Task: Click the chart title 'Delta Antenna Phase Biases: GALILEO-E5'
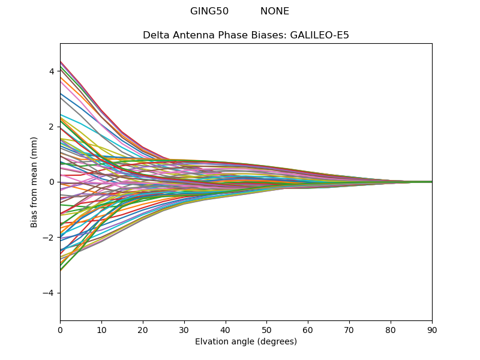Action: pyautogui.click(x=246, y=35)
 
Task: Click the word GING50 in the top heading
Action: pyautogui.click(x=209, y=11)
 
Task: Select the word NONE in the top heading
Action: pyautogui.click(x=275, y=11)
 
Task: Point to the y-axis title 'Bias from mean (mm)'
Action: pyautogui.click(x=35, y=182)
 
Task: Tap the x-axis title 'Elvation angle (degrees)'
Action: pyautogui.click(x=246, y=342)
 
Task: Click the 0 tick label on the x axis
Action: pyautogui.click(x=60, y=329)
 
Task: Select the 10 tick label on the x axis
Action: pyautogui.click(x=101, y=329)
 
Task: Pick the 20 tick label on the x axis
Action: pyautogui.click(x=143, y=329)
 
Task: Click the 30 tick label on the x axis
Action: pyautogui.click(x=184, y=329)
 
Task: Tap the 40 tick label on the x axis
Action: pyautogui.click(x=226, y=329)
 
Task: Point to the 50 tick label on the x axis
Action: pyautogui.click(x=266, y=329)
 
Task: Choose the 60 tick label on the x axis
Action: pyautogui.click(x=308, y=329)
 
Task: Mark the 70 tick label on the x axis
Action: pyautogui.click(x=349, y=329)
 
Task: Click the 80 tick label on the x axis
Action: pyautogui.click(x=391, y=329)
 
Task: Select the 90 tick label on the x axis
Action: pyautogui.click(x=432, y=329)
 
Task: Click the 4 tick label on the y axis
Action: pyautogui.click(x=52, y=71)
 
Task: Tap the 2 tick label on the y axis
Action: pyautogui.click(x=52, y=127)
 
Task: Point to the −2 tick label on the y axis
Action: pyautogui.click(x=49, y=238)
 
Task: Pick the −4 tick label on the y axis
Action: pyautogui.click(x=49, y=293)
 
